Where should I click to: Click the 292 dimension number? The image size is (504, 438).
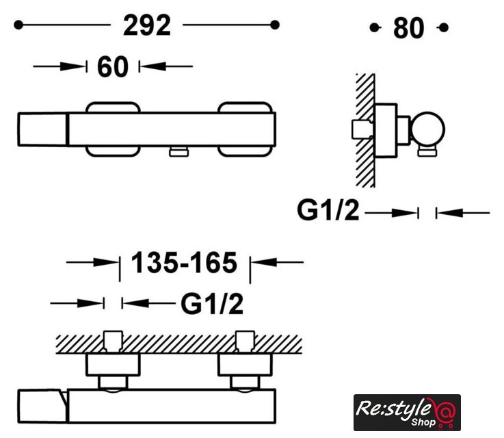pyautogui.click(x=147, y=25)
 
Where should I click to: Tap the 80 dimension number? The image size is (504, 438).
pyautogui.click(x=408, y=28)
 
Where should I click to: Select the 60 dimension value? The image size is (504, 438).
pyautogui.click(x=113, y=67)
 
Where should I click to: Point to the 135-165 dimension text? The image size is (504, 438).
pyautogui.click(x=184, y=263)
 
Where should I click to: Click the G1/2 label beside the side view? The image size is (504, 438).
pyautogui.click(x=328, y=210)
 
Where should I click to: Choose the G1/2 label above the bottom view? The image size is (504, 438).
pyautogui.click(x=212, y=304)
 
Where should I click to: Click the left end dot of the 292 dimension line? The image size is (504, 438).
pyautogui.click(x=18, y=25)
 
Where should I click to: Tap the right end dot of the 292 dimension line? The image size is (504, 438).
pyautogui.click(x=275, y=25)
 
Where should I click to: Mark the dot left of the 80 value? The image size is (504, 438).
pyautogui.click(x=374, y=27)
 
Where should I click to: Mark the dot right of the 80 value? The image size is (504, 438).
pyautogui.click(x=444, y=27)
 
